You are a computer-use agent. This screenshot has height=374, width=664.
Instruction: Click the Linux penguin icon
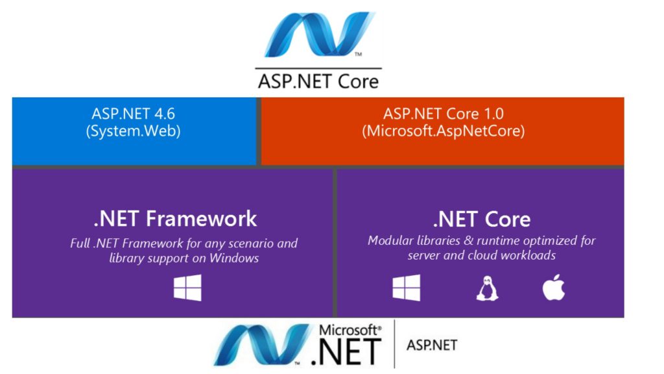[488, 288]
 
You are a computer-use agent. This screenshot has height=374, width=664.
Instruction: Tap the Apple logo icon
[554, 287]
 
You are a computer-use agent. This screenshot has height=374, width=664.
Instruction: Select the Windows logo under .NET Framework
[187, 288]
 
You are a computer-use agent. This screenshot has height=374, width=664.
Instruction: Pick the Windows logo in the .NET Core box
[407, 288]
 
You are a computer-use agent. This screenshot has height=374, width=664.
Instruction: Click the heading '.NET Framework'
[175, 219]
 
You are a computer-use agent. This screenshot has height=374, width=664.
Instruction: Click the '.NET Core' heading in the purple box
[482, 219]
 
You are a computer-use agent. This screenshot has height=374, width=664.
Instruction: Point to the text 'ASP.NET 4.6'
[133, 114]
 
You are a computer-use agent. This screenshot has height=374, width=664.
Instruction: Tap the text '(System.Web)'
[133, 131]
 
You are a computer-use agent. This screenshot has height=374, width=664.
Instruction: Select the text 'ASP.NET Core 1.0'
[444, 114]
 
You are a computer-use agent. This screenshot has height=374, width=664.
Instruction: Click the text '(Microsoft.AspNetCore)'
[444, 131]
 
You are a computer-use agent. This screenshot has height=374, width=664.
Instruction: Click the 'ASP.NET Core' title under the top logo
[318, 81]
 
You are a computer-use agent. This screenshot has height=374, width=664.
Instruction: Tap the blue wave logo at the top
[319, 34]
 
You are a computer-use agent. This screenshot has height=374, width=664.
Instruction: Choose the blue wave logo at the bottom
[263, 344]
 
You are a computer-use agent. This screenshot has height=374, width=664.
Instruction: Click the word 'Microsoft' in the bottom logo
[350, 330]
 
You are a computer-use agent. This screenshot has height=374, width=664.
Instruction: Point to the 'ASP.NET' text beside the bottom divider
[432, 345]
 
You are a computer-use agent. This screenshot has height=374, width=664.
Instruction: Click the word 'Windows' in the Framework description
[234, 258]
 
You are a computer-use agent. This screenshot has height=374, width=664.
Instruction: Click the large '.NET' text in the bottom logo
[346, 351]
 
